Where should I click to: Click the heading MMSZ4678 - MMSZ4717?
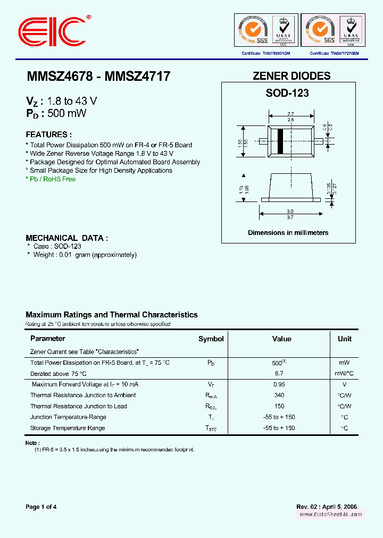[x=98, y=77]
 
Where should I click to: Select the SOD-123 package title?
[x=287, y=93]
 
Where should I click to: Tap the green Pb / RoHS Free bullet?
[x=51, y=179]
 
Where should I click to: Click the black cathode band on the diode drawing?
[x=280, y=141]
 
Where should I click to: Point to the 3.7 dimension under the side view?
[x=291, y=217]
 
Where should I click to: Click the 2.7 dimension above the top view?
[x=291, y=114]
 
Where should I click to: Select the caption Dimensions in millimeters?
[x=288, y=233]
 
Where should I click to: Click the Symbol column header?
[x=211, y=339]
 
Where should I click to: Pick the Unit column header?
[x=344, y=339]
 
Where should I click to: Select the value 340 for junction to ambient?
[x=279, y=396]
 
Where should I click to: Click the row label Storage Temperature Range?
[x=68, y=428]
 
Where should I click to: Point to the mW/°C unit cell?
[x=344, y=374]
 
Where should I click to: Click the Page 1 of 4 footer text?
[x=41, y=507]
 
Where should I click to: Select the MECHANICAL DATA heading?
[x=67, y=238]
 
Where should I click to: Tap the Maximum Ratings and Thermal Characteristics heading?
[x=112, y=315]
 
